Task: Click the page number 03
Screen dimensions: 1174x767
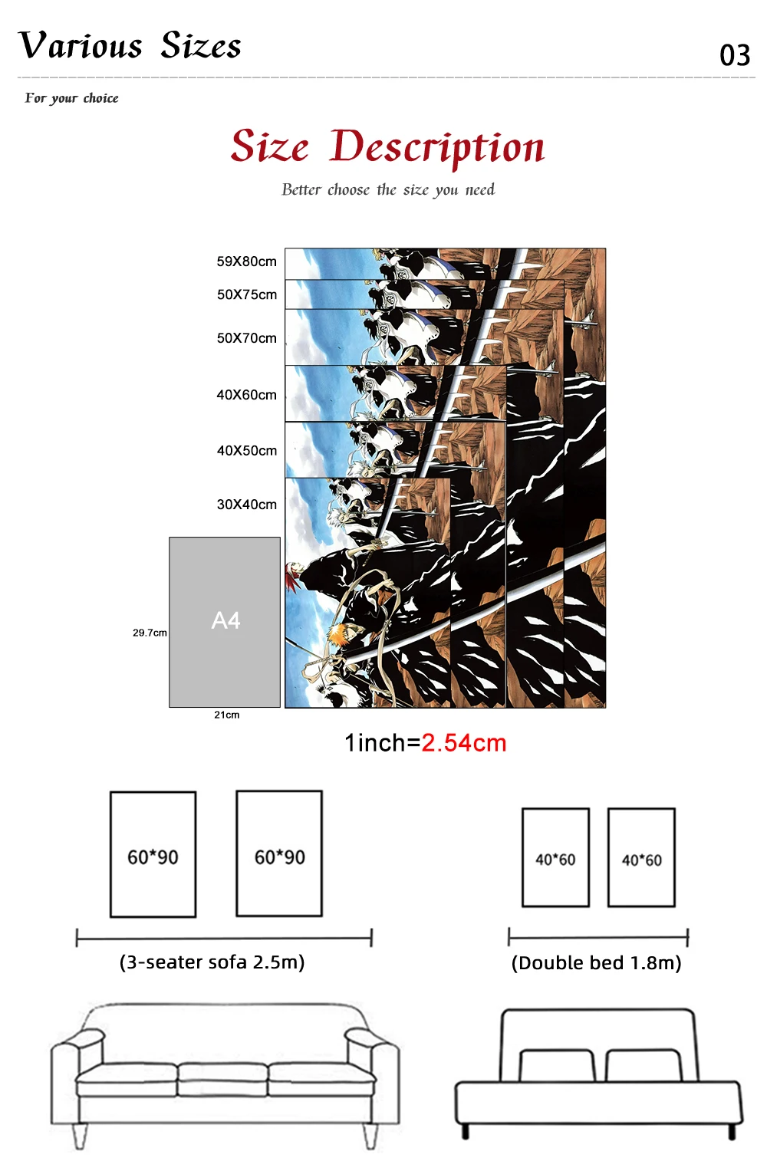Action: [x=735, y=55]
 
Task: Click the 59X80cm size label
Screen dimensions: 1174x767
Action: [x=246, y=261]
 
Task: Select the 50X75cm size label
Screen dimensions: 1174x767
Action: [x=246, y=294]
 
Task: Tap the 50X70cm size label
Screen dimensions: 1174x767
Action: [x=246, y=338]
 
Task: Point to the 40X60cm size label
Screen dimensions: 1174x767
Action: [x=246, y=395]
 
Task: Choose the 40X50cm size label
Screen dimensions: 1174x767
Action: [x=246, y=451]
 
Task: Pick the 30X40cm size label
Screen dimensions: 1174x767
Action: [x=246, y=505]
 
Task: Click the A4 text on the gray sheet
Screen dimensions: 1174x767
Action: [x=225, y=620]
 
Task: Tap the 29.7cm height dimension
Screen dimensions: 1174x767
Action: [x=150, y=633]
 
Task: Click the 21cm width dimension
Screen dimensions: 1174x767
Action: [x=226, y=715]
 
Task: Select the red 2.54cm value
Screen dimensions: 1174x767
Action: [x=464, y=743]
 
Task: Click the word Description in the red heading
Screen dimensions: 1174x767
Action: [x=437, y=147]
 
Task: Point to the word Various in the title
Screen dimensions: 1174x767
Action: [x=81, y=46]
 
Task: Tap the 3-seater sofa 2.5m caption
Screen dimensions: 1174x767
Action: [x=212, y=962]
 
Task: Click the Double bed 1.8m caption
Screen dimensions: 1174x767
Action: [x=597, y=963]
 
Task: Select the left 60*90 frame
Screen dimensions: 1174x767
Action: [x=153, y=854]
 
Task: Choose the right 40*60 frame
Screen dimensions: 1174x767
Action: [x=641, y=857]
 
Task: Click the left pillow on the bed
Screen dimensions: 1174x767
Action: [x=557, y=1065]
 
